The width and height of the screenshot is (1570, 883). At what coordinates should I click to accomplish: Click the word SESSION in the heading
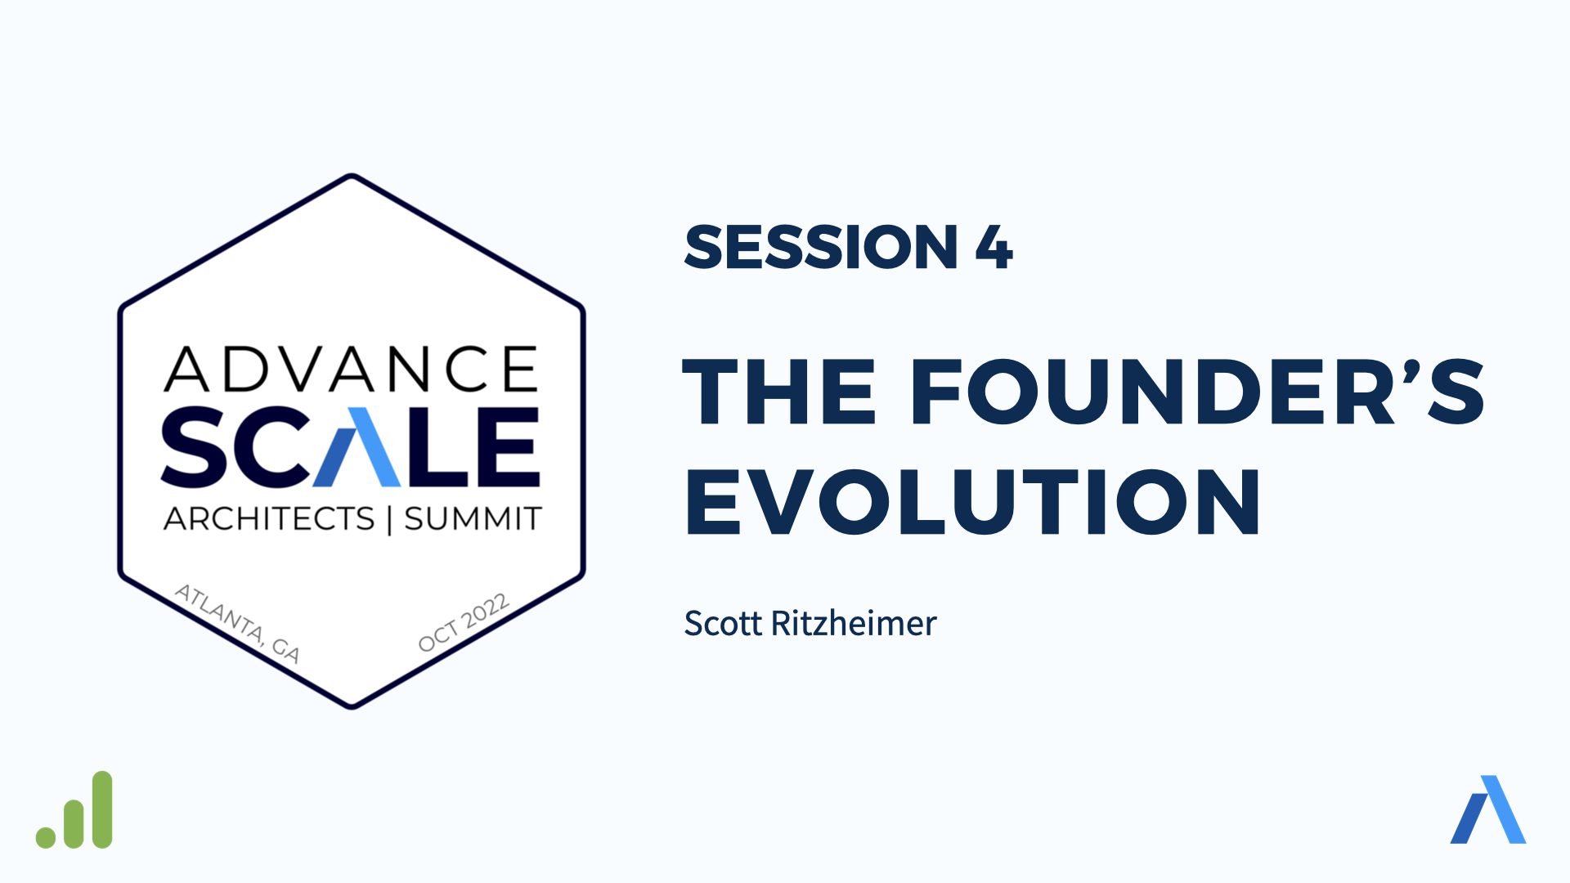[x=821, y=247]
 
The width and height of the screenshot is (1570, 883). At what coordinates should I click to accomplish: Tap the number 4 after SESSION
[x=994, y=247]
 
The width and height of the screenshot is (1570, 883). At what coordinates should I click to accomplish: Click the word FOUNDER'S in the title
[x=1198, y=392]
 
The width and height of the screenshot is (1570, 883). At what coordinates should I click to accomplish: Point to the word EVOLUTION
[x=973, y=502]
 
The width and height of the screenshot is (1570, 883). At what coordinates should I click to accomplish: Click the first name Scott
[x=724, y=623]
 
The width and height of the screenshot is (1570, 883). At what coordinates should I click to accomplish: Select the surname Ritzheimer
[x=854, y=623]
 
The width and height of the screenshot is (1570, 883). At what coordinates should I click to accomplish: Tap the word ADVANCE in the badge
[x=352, y=369]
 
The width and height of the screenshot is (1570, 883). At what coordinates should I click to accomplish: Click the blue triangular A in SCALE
[x=357, y=446]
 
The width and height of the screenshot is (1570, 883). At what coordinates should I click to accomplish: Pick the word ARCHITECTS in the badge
[x=269, y=518]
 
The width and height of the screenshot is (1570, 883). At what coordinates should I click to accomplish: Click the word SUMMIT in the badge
[x=473, y=518]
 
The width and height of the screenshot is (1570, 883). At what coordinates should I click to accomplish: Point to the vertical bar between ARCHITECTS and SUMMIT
[x=389, y=519]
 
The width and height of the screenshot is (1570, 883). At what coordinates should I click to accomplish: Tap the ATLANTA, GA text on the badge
[x=238, y=623]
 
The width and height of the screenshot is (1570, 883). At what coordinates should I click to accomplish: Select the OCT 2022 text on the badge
[x=464, y=623]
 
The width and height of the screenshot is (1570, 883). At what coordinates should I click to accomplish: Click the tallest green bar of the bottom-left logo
[x=102, y=809]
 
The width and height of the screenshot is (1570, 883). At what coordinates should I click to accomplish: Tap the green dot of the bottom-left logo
[x=46, y=837]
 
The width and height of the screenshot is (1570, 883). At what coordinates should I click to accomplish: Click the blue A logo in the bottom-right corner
[x=1488, y=809]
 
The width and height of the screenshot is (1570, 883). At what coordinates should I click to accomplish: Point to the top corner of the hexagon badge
[x=352, y=175]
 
